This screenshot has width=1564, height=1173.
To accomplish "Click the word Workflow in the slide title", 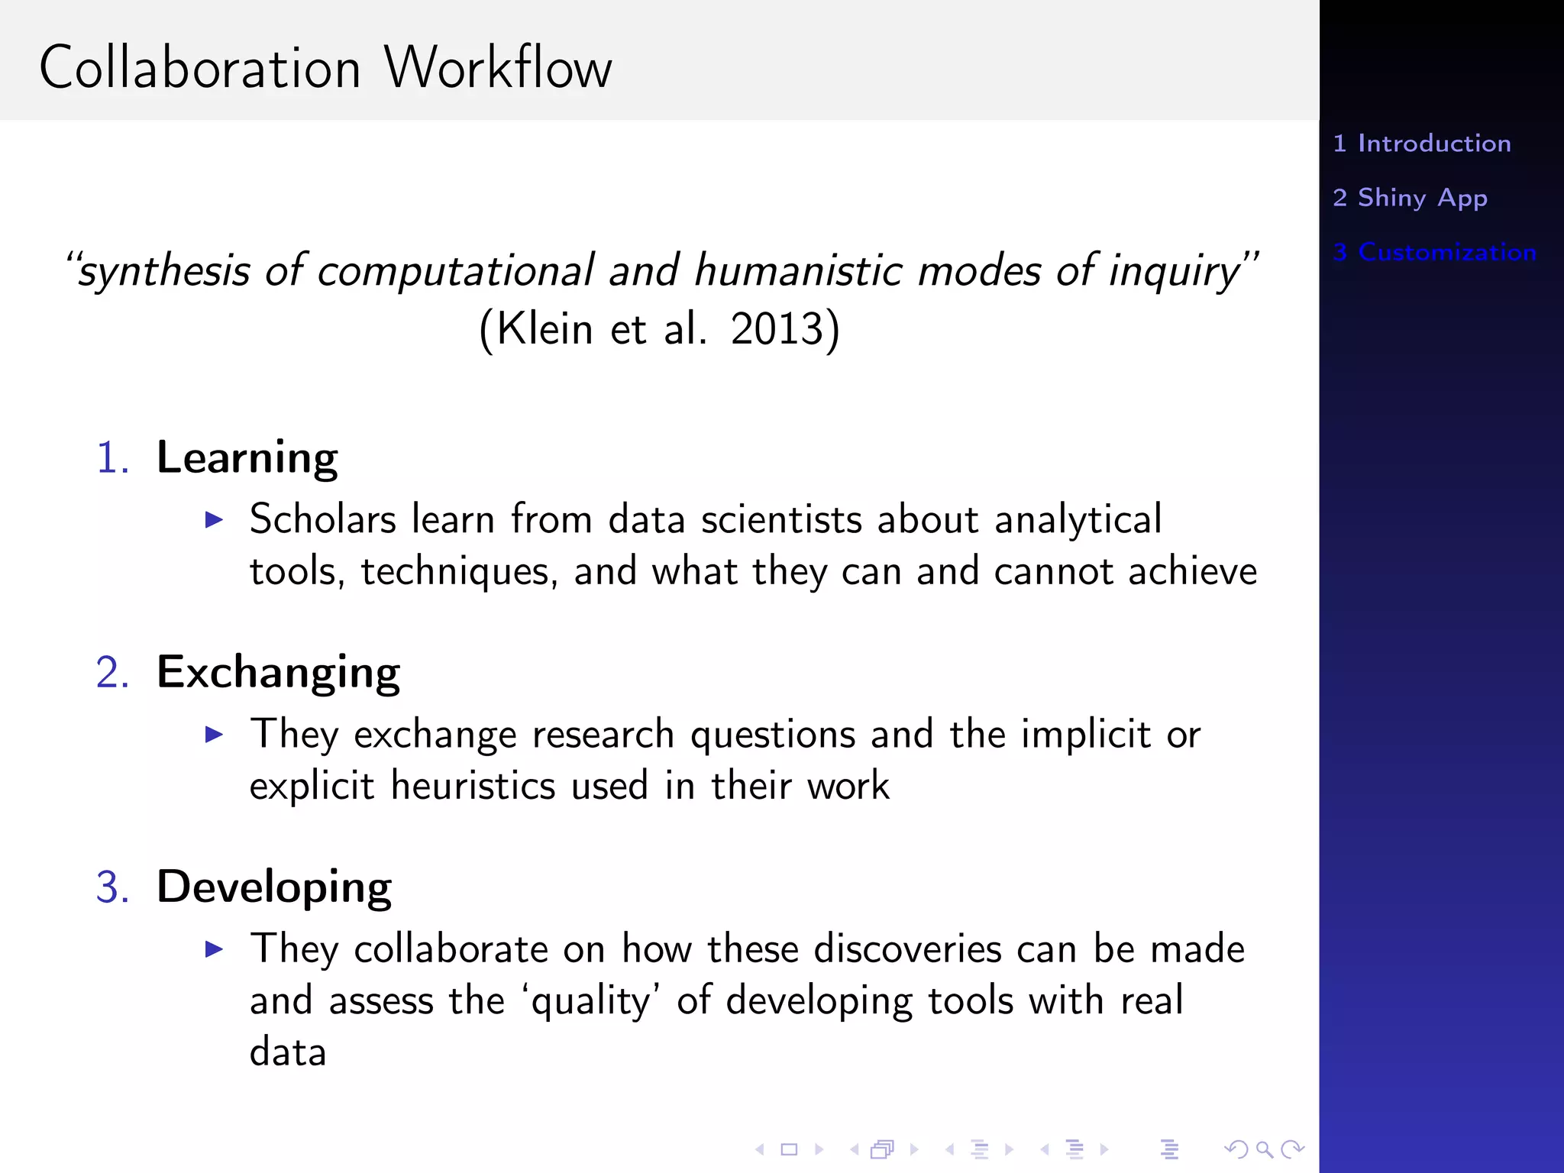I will [x=498, y=68].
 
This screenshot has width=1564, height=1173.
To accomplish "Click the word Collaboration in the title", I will [x=200, y=68].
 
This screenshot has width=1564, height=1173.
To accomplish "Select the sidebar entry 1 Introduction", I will [x=1422, y=144].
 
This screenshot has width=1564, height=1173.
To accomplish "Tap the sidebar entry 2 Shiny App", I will [x=1410, y=198].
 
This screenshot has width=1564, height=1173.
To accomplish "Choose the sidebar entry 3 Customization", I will [x=1434, y=252].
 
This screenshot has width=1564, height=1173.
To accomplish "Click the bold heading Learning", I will [x=247, y=459].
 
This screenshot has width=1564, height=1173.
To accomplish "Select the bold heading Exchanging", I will [x=278, y=674].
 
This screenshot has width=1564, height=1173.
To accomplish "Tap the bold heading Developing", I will [x=274, y=888].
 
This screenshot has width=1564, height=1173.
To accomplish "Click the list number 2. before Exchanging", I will [x=112, y=674].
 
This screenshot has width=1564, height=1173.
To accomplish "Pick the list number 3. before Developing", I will [x=112, y=888].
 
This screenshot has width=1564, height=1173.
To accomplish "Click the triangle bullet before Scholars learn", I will [x=215, y=521].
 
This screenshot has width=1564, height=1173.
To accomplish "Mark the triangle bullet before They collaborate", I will [x=215, y=950].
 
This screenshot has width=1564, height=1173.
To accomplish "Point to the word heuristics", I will [x=473, y=787].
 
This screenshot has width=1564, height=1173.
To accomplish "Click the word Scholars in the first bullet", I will [x=323, y=520].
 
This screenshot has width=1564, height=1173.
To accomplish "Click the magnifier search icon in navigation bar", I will [x=1264, y=1149].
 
